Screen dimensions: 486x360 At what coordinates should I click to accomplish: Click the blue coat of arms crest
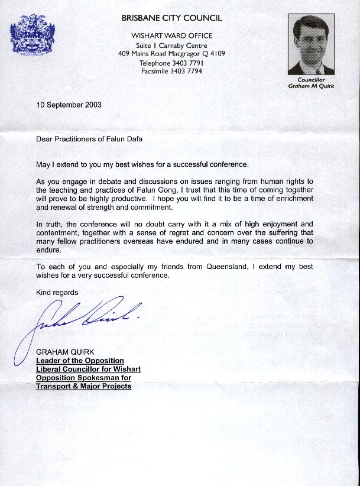click(33, 35)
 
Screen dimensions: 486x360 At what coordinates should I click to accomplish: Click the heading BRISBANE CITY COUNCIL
click(171, 18)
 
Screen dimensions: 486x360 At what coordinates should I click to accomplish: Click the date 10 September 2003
click(69, 105)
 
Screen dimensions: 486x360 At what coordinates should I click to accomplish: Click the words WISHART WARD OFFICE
click(171, 35)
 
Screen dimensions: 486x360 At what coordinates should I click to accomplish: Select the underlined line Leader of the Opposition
click(80, 361)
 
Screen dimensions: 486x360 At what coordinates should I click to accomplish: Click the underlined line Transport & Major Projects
click(83, 386)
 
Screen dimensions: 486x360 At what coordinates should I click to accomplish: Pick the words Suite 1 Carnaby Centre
click(171, 45)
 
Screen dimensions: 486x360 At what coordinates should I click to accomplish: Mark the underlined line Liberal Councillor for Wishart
click(88, 369)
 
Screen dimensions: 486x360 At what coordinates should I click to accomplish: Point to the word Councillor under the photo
click(311, 79)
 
